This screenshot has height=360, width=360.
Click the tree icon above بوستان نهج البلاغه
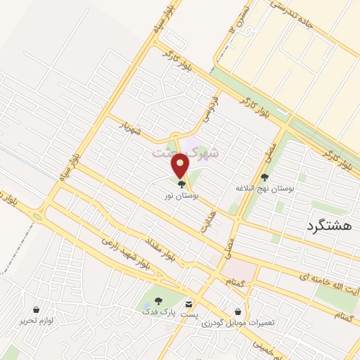[264, 178]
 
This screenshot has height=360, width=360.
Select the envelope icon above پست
[188, 303]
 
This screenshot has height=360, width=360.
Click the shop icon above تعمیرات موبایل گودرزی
[238, 311]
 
